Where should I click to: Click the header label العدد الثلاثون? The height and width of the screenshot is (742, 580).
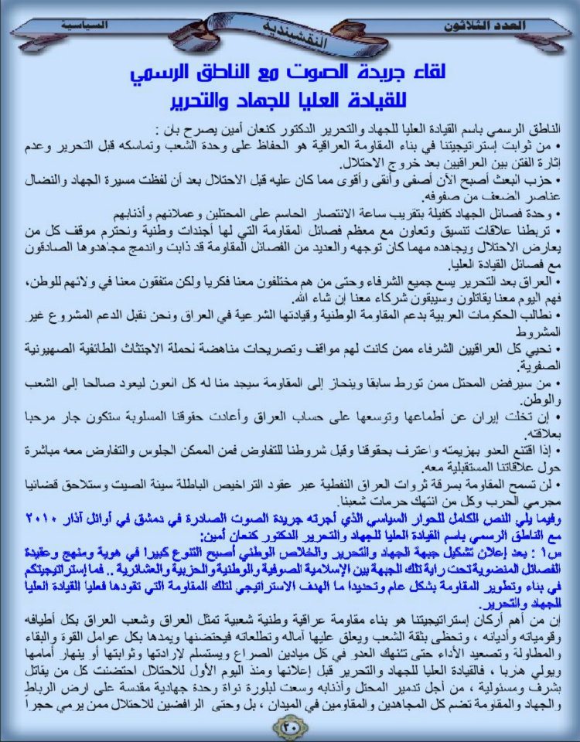click(x=488, y=25)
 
